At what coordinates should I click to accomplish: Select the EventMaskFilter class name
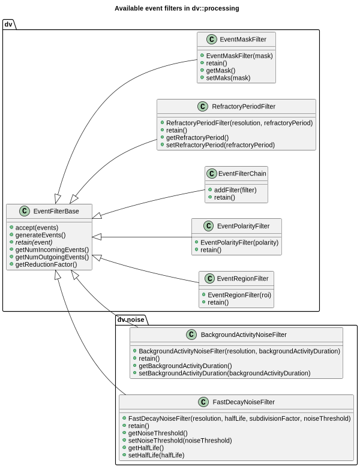(x=243, y=40)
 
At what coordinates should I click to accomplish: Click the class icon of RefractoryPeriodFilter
(x=202, y=107)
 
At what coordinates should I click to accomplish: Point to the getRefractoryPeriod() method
(x=197, y=137)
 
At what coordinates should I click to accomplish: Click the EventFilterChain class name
(x=242, y=174)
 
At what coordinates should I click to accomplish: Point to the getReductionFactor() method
(x=46, y=264)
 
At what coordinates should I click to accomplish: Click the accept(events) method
(x=37, y=228)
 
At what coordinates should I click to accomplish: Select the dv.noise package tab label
(x=130, y=320)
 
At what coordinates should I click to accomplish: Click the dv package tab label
(x=8, y=24)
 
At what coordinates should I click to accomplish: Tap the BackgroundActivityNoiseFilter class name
(x=243, y=335)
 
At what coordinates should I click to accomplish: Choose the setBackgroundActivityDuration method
(x=224, y=373)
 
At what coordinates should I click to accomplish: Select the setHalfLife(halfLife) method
(x=156, y=455)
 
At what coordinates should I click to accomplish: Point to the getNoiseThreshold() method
(x=158, y=433)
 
